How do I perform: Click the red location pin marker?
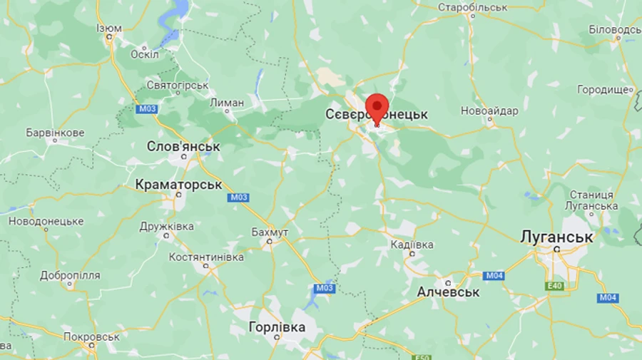coord(377,109)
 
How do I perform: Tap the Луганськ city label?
coord(557,237)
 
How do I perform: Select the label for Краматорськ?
coord(179,185)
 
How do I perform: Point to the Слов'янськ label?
coord(183,146)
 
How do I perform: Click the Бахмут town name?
coord(270,232)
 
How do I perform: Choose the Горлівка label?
coord(277,327)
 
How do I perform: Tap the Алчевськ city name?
coord(448,292)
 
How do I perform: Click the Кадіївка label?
coord(412,245)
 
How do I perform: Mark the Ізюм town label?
coord(109,29)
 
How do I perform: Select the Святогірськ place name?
coord(178,86)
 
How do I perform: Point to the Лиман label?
coord(227,103)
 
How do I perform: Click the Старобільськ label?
coord(472,7)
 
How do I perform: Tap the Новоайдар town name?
coord(489,110)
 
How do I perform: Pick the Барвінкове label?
coord(55,133)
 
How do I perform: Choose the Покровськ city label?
coord(91,336)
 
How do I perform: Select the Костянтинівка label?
coord(206,257)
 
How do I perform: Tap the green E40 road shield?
coord(554,286)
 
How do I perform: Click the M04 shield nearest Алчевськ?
coord(494,276)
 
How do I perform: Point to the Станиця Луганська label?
coord(591,200)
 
